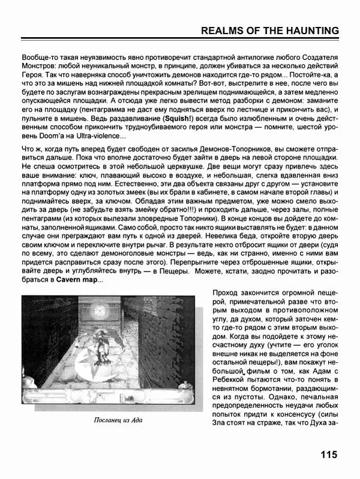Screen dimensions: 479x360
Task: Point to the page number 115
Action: (329, 454)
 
